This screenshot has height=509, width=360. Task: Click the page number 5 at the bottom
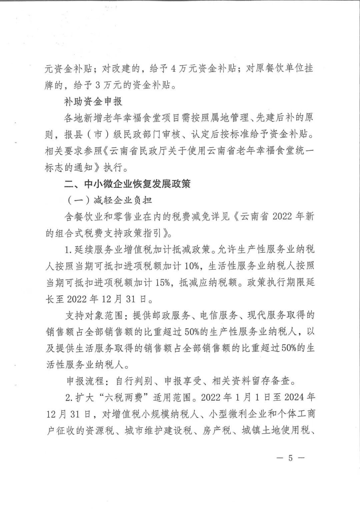[x=290, y=458]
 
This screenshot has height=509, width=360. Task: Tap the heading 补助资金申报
[x=93, y=101]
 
